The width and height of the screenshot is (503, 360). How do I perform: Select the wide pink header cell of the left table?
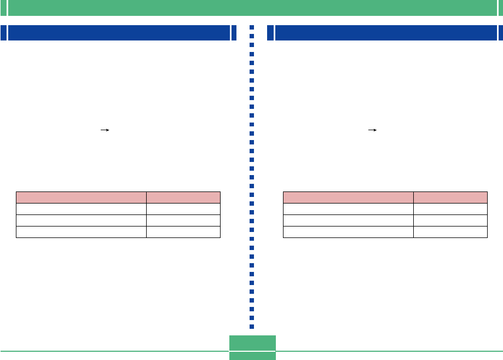click(81, 198)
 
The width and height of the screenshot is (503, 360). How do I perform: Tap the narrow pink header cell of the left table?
click(183, 198)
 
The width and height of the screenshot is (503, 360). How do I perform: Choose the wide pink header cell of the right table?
click(348, 198)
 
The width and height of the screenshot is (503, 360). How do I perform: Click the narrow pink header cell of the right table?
click(450, 198)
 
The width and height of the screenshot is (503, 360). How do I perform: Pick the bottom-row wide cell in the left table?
click(81, 231)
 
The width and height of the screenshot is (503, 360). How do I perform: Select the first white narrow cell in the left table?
click(183, 208)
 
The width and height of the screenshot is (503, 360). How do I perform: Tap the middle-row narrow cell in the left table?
click(183, 220)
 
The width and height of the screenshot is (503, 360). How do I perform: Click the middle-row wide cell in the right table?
click(348, 220)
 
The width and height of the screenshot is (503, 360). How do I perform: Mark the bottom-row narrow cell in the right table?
click(450, 231)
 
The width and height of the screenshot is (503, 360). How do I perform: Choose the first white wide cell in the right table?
click(348, 208)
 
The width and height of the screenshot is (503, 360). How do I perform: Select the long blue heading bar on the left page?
click(118, 33)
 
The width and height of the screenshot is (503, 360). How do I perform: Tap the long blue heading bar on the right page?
click(385, 33)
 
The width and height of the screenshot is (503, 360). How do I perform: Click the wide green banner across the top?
click(252, 8)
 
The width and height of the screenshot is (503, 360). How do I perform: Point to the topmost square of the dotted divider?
click(252, 27)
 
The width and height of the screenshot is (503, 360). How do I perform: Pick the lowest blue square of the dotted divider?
click(252, 326)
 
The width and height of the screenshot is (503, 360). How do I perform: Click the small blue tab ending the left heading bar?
click(234, 33)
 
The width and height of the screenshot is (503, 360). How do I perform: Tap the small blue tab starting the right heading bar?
click(270, 33)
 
